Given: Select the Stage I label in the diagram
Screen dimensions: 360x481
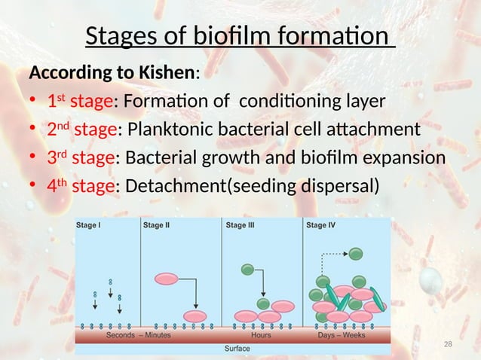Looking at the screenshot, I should (x=91, y=224).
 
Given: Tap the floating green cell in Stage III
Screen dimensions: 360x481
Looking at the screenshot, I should (x=247, y=269).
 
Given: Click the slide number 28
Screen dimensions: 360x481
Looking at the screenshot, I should (x=448, y=344).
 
